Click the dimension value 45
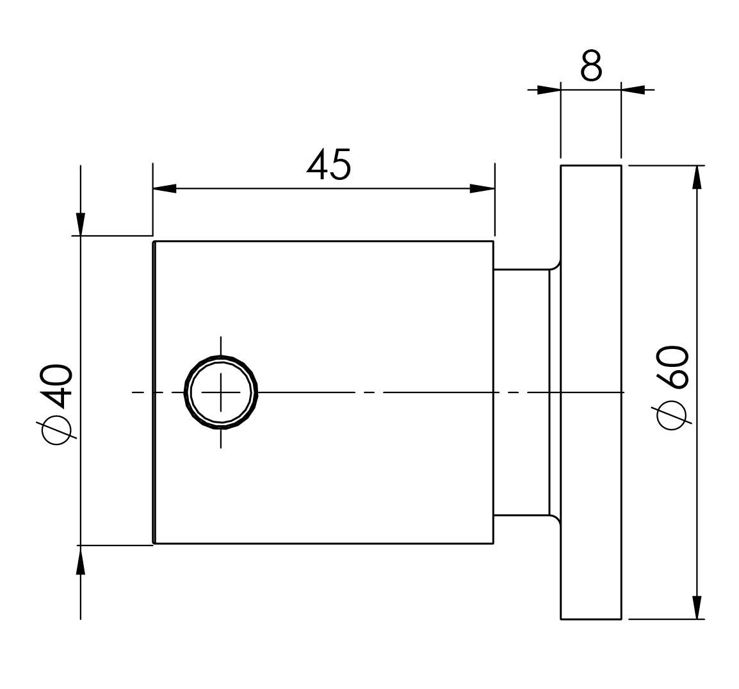point(329,165)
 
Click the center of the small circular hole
point(220,392)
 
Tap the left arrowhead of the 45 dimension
point(165,189)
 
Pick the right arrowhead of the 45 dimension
point(482,189)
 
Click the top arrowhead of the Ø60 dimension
point(697,177)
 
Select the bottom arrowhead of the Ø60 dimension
point(697,608)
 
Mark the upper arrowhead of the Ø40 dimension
point(81,223)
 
